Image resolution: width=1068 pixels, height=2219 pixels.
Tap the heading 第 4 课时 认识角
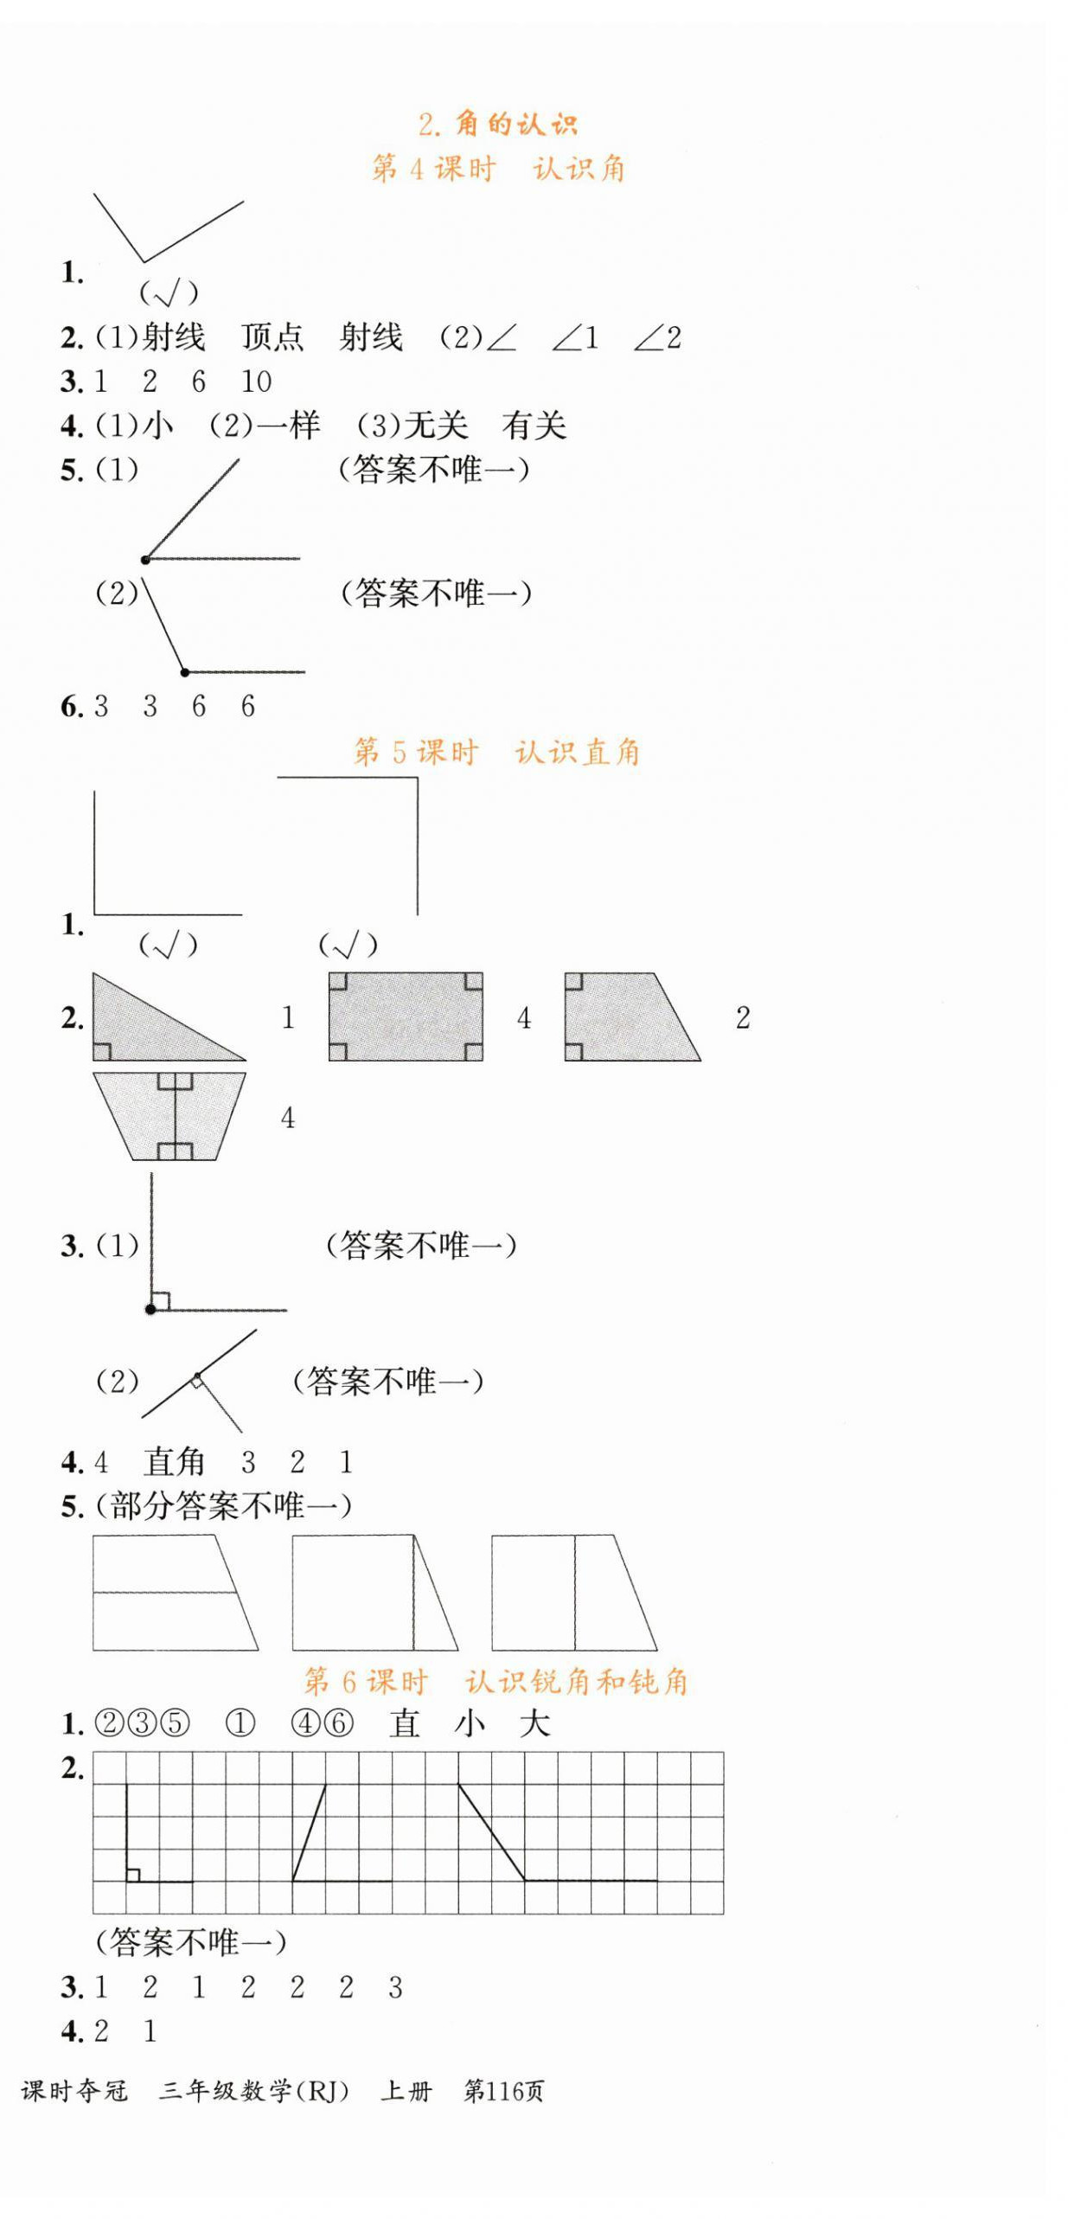497,168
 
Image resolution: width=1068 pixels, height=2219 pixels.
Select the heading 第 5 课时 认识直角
496,751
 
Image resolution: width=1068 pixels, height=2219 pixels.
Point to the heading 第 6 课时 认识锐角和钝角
496,1680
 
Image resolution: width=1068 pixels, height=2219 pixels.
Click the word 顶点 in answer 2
272,337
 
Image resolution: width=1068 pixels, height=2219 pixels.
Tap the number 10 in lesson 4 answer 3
256,382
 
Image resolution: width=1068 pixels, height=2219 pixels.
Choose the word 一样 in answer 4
289,426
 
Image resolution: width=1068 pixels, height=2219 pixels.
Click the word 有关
534,426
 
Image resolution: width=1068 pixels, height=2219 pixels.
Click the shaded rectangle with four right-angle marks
405,1016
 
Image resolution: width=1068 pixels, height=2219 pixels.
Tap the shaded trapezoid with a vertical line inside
169,1115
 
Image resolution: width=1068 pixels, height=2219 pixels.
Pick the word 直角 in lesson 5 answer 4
174,1461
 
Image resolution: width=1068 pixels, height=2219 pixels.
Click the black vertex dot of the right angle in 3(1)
150,1309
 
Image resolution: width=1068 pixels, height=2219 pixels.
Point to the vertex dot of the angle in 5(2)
184,671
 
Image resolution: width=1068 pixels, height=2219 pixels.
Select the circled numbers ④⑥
323,1723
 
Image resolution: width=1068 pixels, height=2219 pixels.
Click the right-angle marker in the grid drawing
133,1874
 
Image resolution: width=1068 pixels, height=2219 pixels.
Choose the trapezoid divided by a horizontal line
173,1592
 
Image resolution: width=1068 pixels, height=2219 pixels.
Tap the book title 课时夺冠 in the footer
74,2090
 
